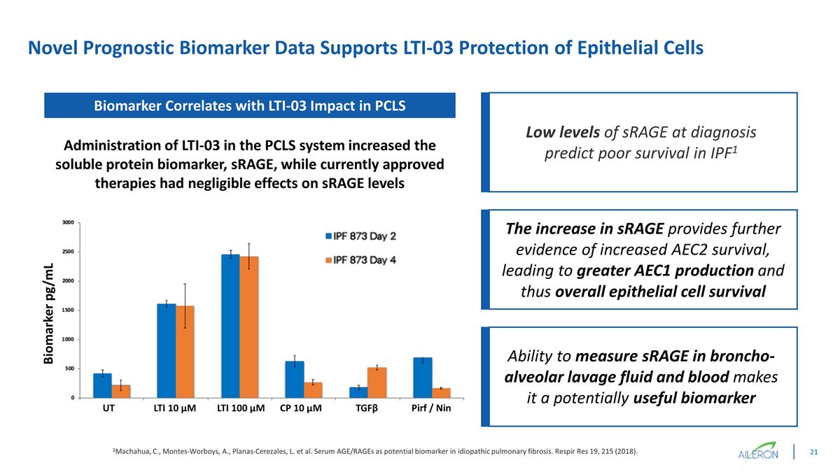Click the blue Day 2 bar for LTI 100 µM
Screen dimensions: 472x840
pos(230,326)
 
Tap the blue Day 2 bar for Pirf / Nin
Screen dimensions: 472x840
pos(423,378)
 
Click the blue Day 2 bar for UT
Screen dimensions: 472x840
pos(102,385)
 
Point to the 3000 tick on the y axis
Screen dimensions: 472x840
pos(68,222)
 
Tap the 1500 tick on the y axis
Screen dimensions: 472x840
pos(68,310)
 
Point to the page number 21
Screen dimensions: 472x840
pos(814,452)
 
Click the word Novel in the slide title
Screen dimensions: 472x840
pos(53,48)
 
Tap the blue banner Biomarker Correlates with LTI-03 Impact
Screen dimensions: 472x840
pos(250,106)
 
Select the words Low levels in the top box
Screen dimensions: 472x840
pos(556,132)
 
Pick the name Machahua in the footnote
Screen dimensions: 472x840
pos(136,452)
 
